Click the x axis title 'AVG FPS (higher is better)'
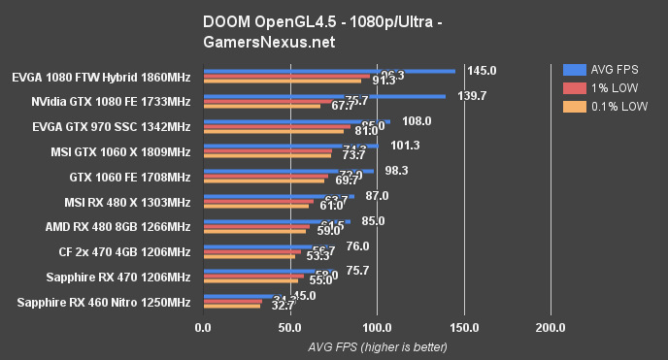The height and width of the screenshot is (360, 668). [x=377, y=346]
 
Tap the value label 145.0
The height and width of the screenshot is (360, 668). [x=482, y=71]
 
